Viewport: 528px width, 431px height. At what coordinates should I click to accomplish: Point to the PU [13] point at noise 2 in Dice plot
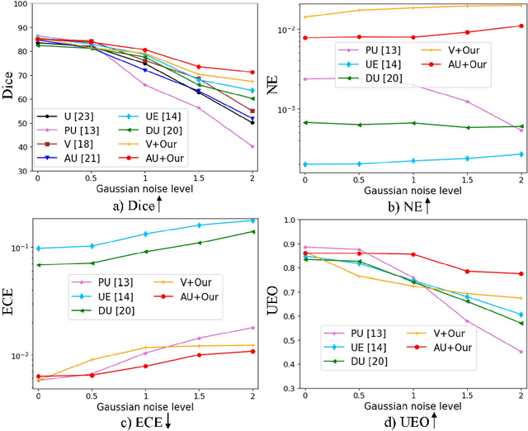252,147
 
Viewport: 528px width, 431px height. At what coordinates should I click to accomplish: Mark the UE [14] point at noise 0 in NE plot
305,164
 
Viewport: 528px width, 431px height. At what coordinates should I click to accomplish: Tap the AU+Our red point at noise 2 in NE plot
521,26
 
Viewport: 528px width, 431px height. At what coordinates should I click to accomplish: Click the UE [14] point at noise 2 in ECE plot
252,220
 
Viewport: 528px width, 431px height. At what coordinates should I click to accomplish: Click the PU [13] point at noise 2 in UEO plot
521,352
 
